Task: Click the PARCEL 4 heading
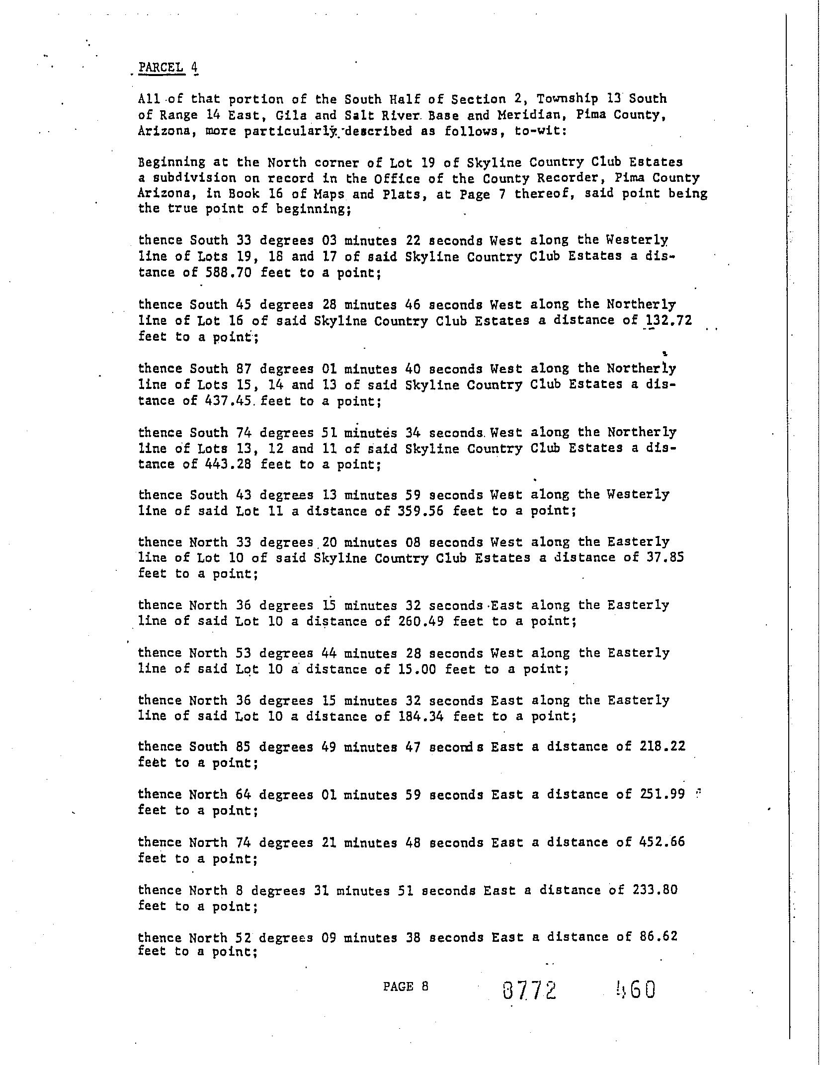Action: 168,67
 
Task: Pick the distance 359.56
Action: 421,511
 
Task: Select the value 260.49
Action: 421,621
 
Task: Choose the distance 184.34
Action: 421,716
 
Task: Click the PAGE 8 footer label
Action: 405,987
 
